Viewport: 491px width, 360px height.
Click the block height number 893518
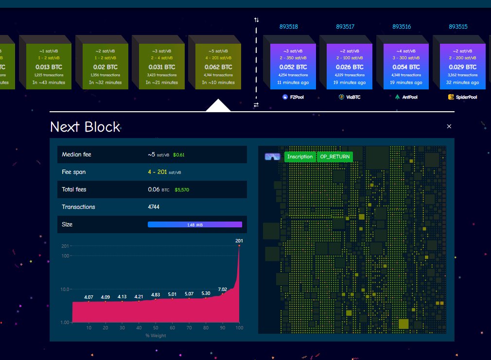[290, 27]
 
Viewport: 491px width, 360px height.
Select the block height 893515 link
[458, 27]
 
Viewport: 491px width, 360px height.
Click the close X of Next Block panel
[449, 126]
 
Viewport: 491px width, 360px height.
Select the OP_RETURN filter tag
[334, 156]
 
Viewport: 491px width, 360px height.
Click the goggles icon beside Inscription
[272, 156]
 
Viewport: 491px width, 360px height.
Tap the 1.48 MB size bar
[194, 224]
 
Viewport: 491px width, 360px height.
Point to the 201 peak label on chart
[239, 241]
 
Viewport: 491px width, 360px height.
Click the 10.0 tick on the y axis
[65, 289]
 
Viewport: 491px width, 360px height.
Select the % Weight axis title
[156, 336]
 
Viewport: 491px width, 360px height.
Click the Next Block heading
[85, 127]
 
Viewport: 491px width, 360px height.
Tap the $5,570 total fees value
[184, 189]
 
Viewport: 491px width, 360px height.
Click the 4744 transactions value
[154, 207]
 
